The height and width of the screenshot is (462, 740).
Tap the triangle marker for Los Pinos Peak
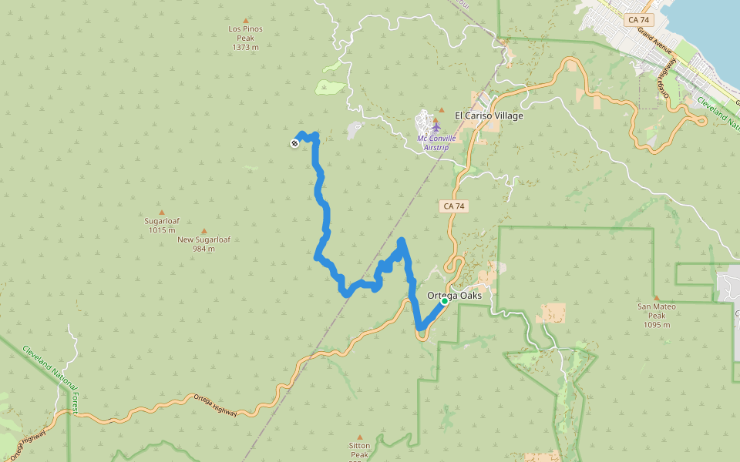(246, 21)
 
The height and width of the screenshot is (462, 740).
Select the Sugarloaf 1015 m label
(162, 225)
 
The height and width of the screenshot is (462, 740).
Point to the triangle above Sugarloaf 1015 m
(162, 212)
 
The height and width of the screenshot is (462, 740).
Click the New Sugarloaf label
(203, 243)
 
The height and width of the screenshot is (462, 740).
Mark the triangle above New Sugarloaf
(203, 230)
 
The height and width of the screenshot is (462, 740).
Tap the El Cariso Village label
(489, 115)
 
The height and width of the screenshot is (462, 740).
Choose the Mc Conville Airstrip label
(437, 142)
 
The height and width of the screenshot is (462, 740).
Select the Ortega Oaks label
(454, 296)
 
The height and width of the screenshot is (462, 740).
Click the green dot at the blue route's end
(445, 301)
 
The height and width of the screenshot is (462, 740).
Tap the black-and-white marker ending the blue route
(294, 142)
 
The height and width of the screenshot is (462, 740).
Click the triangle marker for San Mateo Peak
(657, 298)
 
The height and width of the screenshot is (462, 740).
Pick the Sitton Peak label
(359, 450)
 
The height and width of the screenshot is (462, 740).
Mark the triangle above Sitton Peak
(359, 437)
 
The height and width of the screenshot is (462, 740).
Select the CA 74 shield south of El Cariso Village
(454, 206)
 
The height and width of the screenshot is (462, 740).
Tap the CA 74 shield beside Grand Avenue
(638, 19)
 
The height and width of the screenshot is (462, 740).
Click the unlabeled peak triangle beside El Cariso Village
(442, 109)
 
